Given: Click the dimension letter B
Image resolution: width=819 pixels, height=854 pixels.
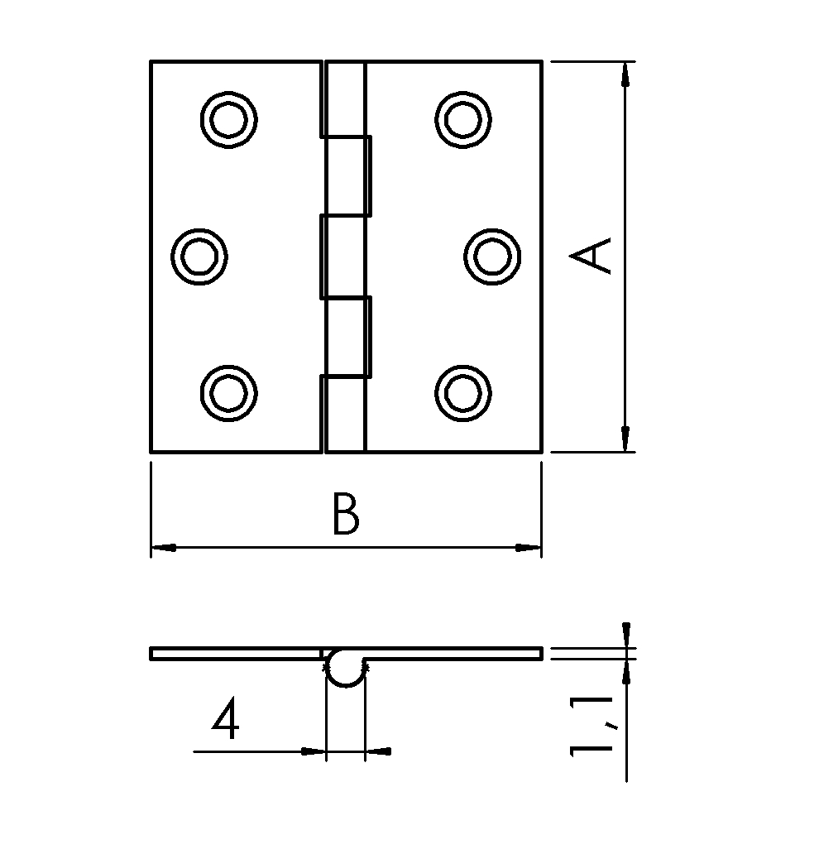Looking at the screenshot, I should (x=345, y=514).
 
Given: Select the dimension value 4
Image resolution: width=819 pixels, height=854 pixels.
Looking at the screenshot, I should (x=226, y=718).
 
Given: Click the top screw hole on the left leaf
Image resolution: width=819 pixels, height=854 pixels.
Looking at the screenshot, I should (x=228, y=120).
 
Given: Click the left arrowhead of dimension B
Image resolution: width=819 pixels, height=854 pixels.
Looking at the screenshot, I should (x=163, y=547).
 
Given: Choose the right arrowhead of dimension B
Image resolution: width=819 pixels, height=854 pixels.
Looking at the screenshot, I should (x=528, y=547).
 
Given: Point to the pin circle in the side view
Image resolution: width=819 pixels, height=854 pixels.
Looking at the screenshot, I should (x=344, y=669).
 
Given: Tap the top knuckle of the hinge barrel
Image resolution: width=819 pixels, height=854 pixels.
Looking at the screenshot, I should (x=344, y=97).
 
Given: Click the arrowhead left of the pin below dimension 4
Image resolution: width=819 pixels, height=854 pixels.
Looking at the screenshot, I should (x=313, y=751).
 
